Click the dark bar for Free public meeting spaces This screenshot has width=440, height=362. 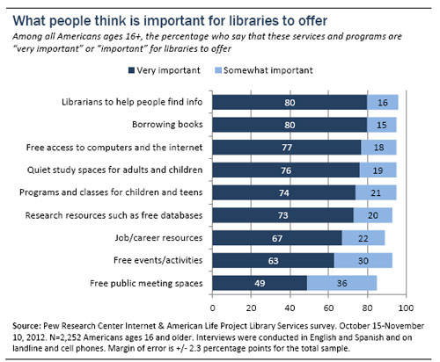259,282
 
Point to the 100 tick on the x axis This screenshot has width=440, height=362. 406,308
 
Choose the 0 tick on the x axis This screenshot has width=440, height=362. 212,308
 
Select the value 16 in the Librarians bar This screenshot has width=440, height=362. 382,102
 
